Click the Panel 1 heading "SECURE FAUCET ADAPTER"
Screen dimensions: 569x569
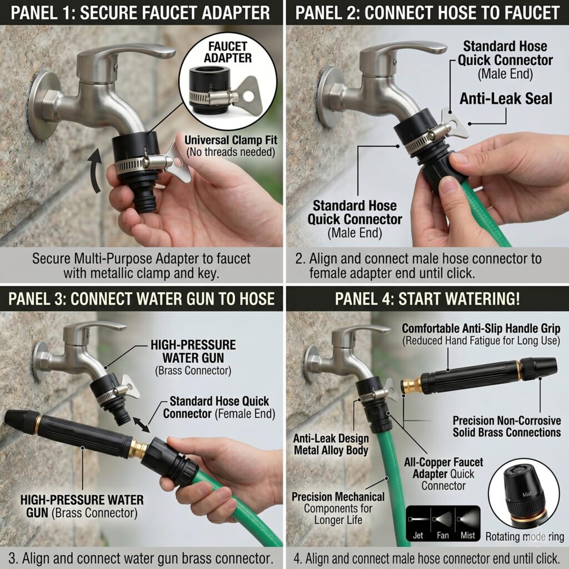coord(175,13)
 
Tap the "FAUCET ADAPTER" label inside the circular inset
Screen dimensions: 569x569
coord(227,52)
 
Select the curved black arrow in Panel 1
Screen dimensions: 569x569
coord(96,171)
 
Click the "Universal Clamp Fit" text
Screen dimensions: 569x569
coord(231,140)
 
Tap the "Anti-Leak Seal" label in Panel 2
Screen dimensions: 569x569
coord(506,99)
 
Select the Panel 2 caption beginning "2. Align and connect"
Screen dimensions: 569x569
coord(418,266)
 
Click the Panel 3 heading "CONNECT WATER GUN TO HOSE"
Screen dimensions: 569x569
coord(172,298)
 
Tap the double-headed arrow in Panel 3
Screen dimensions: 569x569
coord(141,425)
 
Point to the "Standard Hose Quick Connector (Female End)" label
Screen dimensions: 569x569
coord(219,407)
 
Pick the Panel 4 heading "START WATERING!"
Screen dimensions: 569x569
coord(459,298)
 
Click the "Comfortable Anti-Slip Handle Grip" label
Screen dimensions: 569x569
coord(481,328)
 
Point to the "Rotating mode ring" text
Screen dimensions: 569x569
coord(525,537)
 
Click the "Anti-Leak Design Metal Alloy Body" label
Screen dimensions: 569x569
coord(331,444)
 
